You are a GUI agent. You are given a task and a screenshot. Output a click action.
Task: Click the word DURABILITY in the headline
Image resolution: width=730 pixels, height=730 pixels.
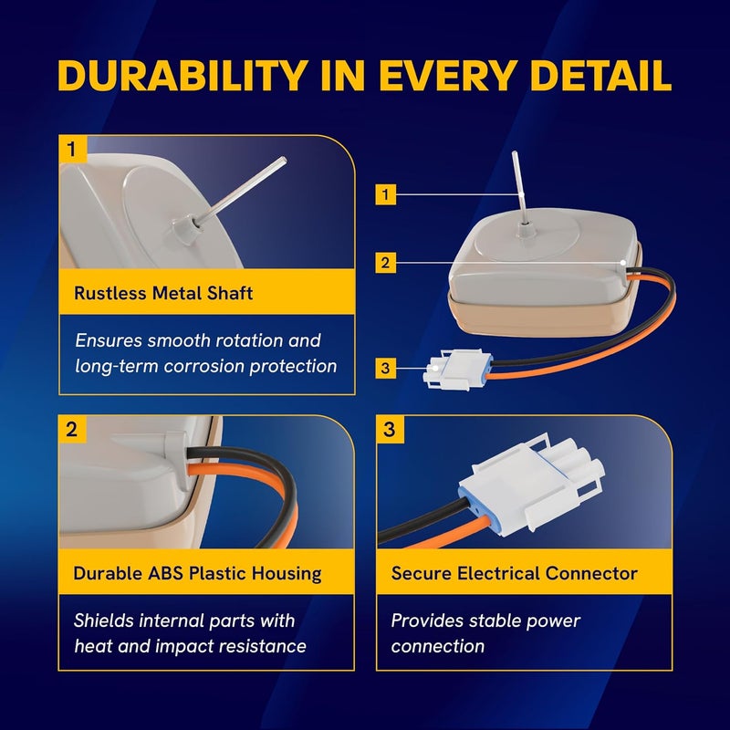coord(183,76)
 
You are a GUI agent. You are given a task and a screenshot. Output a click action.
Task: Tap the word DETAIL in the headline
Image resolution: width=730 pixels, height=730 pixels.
coord(600,76)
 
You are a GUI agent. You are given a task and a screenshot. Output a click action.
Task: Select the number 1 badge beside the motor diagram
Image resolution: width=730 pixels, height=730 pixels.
coord(385,194)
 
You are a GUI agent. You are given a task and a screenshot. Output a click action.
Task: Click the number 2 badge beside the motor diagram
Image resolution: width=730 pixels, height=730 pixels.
coord(385,263)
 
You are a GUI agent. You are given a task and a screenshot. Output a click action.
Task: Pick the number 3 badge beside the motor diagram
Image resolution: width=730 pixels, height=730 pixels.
coord(385,368)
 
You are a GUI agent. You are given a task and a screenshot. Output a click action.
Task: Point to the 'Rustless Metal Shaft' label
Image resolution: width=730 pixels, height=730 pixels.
coord(163,293)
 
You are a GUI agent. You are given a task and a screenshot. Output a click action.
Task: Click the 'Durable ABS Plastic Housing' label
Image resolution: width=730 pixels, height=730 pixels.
coord(197,574)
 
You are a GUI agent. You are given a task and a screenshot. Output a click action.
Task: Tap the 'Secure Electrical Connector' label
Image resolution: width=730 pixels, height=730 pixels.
coord(515,574)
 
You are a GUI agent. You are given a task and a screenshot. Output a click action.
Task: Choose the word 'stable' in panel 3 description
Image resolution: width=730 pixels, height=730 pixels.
coord(496,620)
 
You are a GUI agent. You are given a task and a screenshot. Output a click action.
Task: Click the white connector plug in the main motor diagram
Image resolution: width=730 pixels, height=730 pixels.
coord(457,370)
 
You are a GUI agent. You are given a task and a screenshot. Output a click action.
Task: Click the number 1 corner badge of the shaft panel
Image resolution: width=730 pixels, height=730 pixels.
coord(73,149)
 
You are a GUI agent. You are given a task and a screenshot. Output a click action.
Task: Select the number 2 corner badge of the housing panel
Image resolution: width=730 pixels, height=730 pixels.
coord(73,429)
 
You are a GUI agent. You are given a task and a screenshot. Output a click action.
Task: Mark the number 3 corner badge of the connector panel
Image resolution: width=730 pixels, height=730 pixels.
coord(391,429)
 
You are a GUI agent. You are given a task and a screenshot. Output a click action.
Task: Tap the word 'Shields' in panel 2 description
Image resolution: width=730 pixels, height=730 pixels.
coord(104,620)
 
